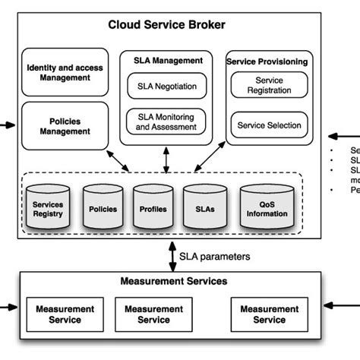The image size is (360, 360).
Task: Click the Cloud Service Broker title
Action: coord(166,25)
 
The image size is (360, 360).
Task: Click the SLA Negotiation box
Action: coord(166,86)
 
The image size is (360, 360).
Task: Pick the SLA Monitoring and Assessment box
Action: coord(166,122)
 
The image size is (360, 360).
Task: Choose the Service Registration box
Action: coord(269,85)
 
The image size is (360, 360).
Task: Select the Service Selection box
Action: coord(269,125)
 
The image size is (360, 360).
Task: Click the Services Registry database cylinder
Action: coord(48,208)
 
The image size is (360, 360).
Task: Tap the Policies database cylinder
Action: coord(103,208)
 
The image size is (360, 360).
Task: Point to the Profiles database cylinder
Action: coord(153,208)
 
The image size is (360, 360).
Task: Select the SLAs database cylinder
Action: coord(203,208)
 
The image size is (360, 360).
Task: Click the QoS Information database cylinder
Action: coord(267,208)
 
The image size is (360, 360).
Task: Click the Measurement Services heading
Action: coord(174,282)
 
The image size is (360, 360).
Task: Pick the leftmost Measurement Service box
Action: coord(65,314)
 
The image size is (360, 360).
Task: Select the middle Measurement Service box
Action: coord(153,314)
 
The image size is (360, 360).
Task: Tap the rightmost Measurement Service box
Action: coord(269,314)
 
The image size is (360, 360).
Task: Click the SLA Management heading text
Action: coord(166,61)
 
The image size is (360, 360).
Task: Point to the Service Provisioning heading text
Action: coord(269,62)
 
